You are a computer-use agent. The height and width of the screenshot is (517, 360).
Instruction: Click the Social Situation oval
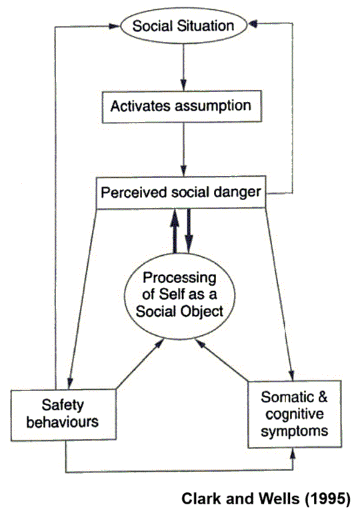pos(183,26)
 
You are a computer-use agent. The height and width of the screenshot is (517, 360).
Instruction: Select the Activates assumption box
pos(182,107)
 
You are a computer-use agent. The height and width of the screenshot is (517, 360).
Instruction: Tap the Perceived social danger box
pos(181,193)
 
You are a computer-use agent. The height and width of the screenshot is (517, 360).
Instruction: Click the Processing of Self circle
pos(180,296)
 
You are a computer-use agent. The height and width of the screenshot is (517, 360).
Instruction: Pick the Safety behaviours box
pos(63,415)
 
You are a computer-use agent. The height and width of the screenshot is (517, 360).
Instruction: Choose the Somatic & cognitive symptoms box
pos(295,414)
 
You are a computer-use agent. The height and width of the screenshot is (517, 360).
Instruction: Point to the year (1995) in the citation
pos(327,499)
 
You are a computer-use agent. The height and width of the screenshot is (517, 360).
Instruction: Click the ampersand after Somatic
pos(322,397)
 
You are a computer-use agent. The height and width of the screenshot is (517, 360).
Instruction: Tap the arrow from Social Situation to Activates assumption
pos(183,67)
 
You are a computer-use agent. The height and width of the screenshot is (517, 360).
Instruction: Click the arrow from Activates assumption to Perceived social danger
pos(183,150)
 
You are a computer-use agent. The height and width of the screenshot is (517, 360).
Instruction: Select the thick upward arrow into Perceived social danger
pos(175,231)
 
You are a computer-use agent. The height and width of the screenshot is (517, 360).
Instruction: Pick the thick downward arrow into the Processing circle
pos(189,231)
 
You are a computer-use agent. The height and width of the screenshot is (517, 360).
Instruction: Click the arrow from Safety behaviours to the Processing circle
pos(141,364)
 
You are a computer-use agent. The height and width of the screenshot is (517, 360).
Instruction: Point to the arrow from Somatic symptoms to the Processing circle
pos(221,360)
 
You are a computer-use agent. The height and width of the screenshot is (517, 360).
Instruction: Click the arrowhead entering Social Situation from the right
pos(253,24)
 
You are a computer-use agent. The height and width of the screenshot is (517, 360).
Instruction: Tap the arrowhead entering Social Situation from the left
pos(115,26)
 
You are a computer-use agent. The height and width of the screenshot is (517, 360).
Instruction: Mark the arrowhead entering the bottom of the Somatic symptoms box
pos(293,453)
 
